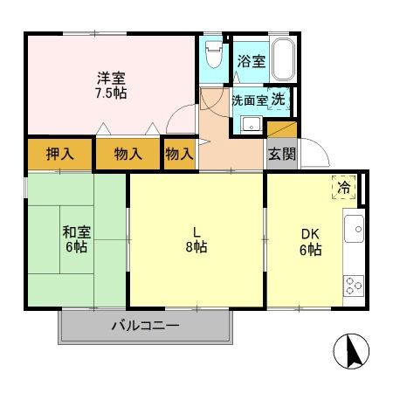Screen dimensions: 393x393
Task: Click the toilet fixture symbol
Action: (214, 54)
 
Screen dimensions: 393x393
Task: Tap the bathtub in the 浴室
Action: (284, 59)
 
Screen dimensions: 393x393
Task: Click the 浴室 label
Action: (252, 61)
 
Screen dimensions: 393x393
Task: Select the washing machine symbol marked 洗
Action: (279, 100)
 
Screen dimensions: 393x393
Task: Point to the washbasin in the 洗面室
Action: (252, 124)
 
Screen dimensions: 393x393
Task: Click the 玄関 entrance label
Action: (282, 154)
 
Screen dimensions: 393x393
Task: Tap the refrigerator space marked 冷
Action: (344, 188)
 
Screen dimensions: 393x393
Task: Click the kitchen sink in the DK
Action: (354, 229)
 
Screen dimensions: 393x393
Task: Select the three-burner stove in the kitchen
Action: (354, 286)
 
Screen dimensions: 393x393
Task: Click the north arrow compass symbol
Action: (351, 351)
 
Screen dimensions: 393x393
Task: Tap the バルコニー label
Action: (146, 326)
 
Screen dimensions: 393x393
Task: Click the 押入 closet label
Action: (59, 154)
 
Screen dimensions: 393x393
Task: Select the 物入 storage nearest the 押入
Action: (128, 154)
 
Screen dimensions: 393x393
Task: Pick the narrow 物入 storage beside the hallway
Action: (180, 154)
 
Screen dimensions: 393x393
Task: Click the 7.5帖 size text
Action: (111, 93)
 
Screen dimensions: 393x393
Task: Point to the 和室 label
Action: (77, 232)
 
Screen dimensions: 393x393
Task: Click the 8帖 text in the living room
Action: (196, 247)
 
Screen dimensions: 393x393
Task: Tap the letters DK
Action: (310, 234)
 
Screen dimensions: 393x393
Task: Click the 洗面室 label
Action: (250, 100)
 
